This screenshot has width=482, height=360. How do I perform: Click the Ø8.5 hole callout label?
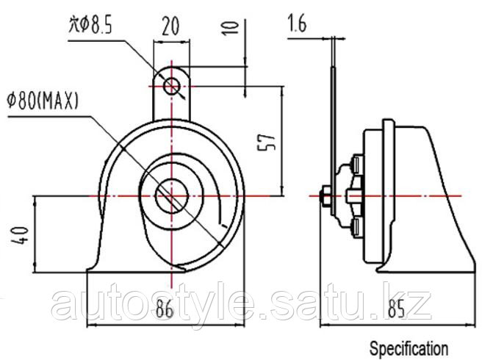click(x=90, y=24)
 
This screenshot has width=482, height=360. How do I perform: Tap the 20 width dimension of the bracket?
click(x=170, y=26)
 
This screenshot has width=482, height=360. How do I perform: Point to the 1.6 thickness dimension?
click(x=298, y=24)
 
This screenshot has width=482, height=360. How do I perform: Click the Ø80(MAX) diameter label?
click(x=43, y=101)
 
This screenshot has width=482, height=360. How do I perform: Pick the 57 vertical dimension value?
click(x=266, y=142)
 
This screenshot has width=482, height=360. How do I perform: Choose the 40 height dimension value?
click(x=20, y=236)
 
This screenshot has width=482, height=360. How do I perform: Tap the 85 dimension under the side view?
click(x=396, y=309)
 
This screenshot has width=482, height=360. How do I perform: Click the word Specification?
click(x=409, y=349)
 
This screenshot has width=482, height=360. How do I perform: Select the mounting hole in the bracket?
click(x=171, y=86)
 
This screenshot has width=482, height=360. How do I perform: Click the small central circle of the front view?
click(x=171, y=196)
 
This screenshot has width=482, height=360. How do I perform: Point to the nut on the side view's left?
click(x=325, y=196)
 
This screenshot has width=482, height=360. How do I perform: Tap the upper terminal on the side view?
click(x=357, y=165)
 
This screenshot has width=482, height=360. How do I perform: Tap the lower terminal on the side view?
click(x=357, y=227)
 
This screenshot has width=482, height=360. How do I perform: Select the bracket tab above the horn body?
click(x=171, y=93)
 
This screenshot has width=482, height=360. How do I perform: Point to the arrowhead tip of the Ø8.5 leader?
click(x=184, y=98)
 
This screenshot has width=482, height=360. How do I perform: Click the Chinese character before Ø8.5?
click(x=73, y=25)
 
